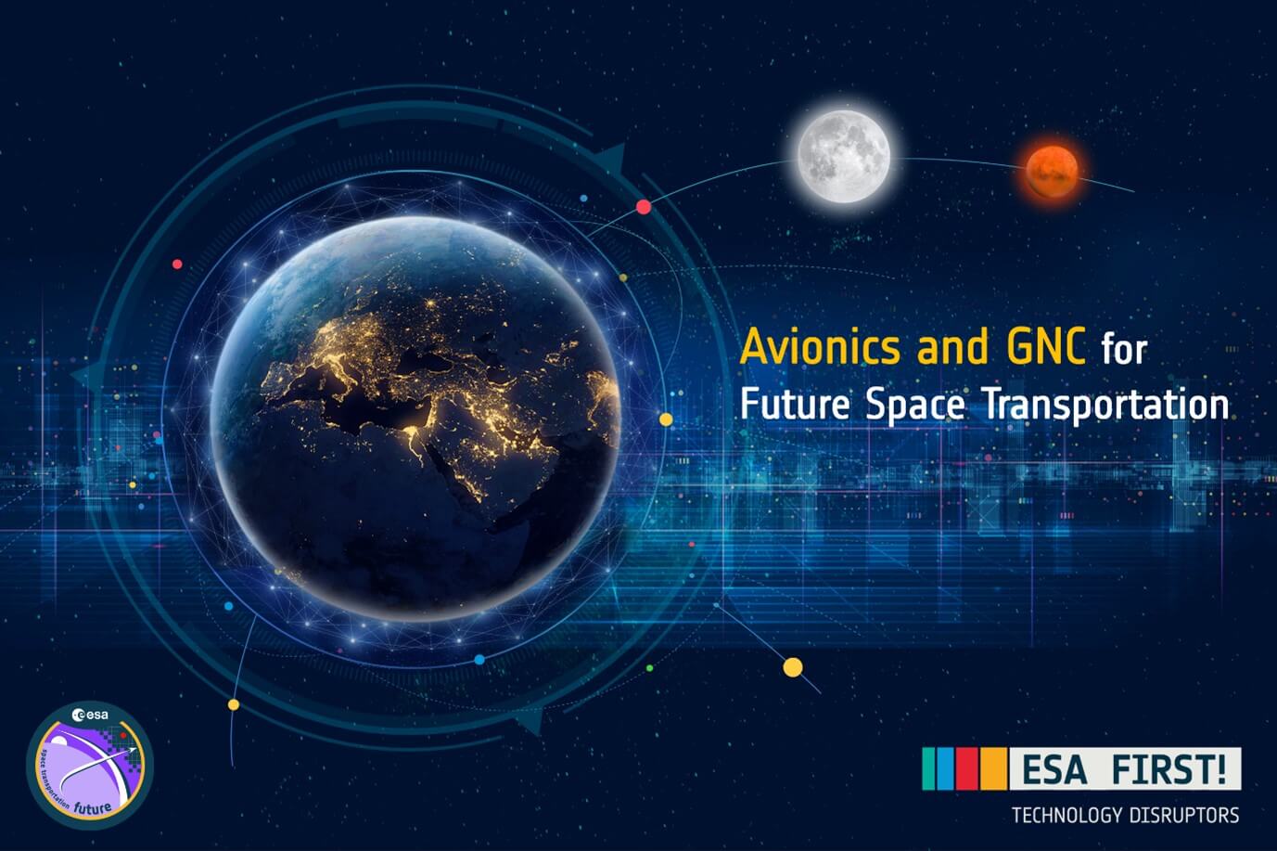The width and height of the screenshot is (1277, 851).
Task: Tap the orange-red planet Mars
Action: coord(1053,170)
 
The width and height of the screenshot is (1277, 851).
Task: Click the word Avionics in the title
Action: coord(820,348)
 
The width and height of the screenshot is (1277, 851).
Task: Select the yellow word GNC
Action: coord(1045,348)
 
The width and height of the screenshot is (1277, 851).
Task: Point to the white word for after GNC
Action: coord(1124,350)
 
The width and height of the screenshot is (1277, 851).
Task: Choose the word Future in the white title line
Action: coord(795,405)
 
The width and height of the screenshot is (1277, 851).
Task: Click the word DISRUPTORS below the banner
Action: coord(1182,816)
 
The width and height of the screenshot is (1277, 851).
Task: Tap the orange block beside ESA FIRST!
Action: coord(993,768)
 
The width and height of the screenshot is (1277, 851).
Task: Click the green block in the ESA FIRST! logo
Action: coord(930,768)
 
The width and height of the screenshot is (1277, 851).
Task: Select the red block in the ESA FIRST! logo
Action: coord(968,768)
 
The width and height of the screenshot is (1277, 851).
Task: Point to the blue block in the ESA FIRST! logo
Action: coord(947,768)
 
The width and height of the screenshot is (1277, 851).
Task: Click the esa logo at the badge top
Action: coord(90,715)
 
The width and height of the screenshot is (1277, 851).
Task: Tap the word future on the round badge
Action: coord(93,806)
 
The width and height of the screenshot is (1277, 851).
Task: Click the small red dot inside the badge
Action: coord(123,734)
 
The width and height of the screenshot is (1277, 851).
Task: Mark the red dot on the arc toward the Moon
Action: coord(644,207)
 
